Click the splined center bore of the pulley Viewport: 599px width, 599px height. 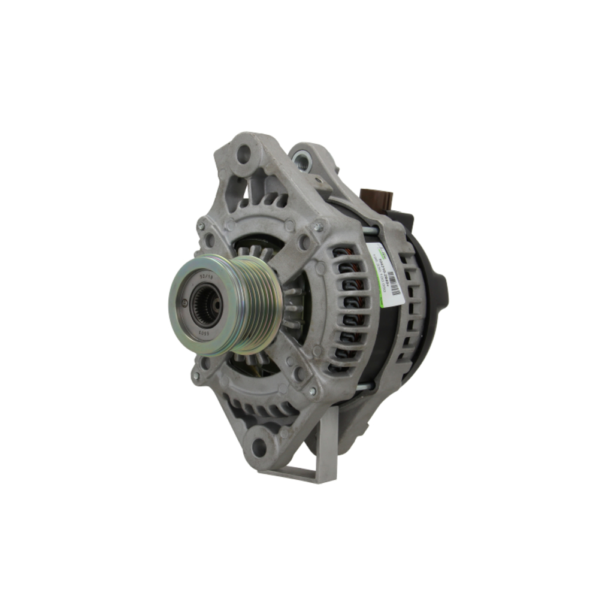tap(207, 305)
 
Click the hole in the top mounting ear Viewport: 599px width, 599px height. tap(244, 155)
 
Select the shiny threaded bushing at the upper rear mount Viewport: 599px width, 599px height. tap(302, 159)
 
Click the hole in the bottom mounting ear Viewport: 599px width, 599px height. tap(259, 446)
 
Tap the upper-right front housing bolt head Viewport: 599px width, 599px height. tap(319, 226)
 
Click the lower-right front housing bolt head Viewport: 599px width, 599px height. tap(311, 392)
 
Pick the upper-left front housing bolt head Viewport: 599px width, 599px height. tap(201, 225)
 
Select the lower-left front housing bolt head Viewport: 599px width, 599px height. tap(196, 376)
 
